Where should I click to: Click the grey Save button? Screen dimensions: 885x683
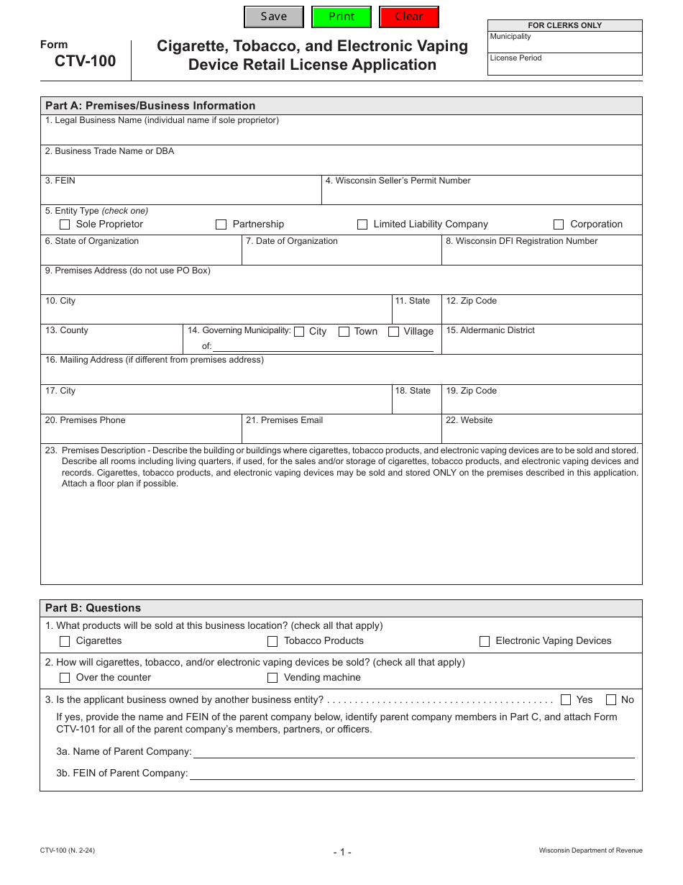[274, 17]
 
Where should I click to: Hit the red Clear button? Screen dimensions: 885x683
[409, 17]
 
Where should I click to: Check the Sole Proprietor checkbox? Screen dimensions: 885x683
[65, 224]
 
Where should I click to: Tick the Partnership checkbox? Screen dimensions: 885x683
[221, 224]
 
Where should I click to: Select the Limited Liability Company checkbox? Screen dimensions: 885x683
[362, 224]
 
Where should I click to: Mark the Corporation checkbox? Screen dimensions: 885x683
[559, 224]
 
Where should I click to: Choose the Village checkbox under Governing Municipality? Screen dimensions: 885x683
[394, 332]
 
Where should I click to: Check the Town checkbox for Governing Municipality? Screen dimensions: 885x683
[344, 332]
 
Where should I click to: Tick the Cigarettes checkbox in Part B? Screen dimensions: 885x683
[65, 641]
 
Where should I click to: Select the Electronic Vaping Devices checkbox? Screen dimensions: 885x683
[485, 641]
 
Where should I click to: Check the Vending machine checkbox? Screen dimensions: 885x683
[272, 678]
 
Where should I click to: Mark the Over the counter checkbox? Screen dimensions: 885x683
[65, 678]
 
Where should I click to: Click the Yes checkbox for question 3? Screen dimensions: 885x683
[566, 699]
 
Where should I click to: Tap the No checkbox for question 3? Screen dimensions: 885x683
[611, 699]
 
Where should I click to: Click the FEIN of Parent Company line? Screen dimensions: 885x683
[411, 773]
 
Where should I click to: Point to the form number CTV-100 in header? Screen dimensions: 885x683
[85, 61]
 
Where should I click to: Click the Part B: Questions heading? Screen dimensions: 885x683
[93, 608]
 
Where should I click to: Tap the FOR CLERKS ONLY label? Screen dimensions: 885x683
[564, 25]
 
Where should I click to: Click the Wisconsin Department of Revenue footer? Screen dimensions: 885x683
[590, 850]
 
